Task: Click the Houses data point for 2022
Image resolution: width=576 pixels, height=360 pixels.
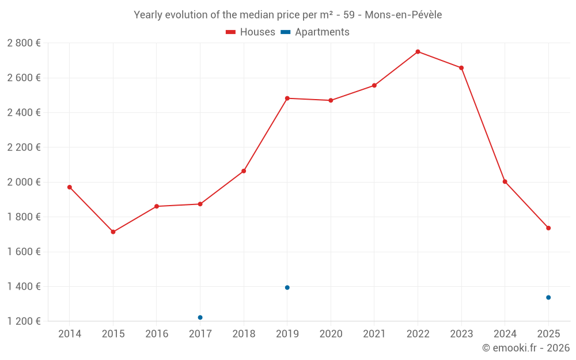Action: [418, 52]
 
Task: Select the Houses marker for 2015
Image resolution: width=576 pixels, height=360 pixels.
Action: [113, 232]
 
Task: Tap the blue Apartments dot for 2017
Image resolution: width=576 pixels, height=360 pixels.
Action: [200, 317]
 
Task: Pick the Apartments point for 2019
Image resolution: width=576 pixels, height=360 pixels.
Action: [287, 287]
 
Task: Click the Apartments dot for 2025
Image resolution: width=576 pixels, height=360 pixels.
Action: [548, 297]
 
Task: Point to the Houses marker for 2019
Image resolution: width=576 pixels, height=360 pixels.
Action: [287, 98]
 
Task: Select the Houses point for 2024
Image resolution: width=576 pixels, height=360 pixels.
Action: [505, 181]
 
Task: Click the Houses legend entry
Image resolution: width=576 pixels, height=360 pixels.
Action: [251, 32]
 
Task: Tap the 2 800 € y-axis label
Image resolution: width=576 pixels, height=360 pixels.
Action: [24, 43]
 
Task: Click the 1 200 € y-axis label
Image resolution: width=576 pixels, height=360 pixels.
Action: [24, 321]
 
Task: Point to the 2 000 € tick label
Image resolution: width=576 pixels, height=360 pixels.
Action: [24, 182]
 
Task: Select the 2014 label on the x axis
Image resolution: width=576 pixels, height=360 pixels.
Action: [70, 334]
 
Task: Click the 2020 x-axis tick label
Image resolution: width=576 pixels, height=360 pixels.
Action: [331, 334]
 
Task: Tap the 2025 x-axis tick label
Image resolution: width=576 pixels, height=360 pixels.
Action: [548, 334]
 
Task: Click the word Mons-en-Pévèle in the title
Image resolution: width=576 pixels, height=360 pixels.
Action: [403, 15]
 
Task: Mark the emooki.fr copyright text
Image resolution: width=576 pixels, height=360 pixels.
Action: [526, 348]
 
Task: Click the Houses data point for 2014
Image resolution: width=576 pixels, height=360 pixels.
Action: [70, 187]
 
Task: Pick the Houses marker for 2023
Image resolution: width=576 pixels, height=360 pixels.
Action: [461, 68]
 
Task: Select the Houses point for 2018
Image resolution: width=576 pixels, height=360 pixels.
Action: [244, 171]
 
